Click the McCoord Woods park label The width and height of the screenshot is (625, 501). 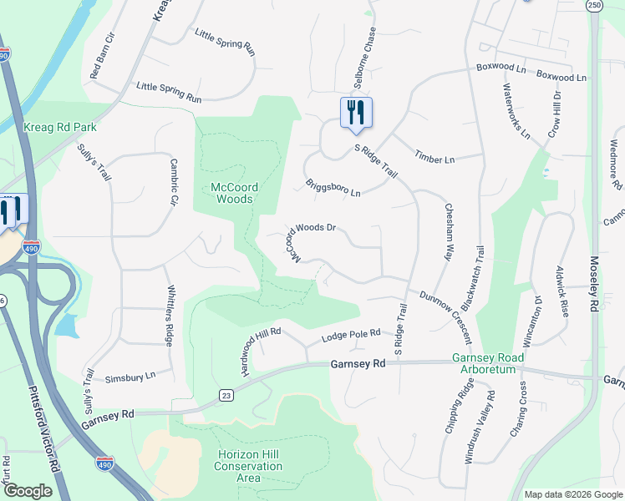(x=231, y=193)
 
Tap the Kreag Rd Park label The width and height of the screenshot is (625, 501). (x=60, y=127)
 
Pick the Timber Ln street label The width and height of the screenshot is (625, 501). (x=434, y=159)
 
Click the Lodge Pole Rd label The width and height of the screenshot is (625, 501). (x=352, y=337)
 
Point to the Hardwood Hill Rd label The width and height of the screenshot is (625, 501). (x=261, y=351)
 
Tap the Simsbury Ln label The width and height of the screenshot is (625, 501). (x=130, y=377)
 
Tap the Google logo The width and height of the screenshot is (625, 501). (x=28, y=491)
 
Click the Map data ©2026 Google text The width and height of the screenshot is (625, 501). (x=572, y=494)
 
